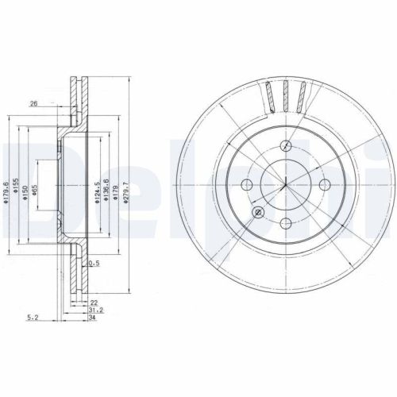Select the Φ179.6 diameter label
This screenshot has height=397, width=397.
tap(6, 191)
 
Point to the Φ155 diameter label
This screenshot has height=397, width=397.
tap(16, 191)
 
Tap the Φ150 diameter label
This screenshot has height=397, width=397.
tap(27, 191)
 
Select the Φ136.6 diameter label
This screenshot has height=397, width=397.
tap(106, 191)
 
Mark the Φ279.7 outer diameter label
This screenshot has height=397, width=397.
tap(125, 191)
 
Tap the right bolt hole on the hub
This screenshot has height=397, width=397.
tap(323, 184)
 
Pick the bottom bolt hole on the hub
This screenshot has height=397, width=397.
tap(287, 222)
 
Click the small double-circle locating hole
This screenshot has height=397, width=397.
tap(258, 212)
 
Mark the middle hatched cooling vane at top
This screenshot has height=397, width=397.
tap(287, 94)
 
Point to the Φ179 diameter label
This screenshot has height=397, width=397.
tap(116, 191)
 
